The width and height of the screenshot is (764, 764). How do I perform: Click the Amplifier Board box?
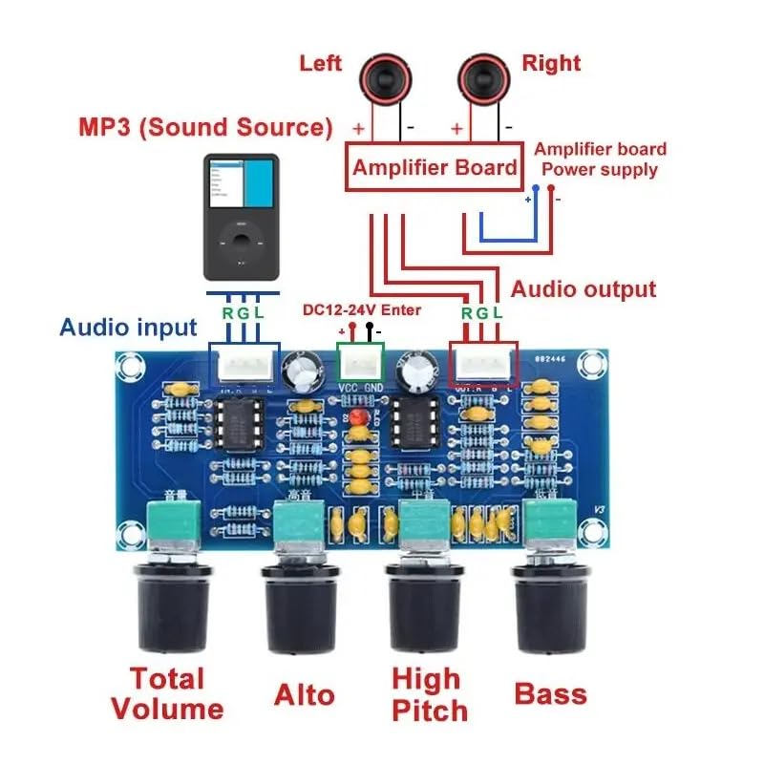[435, 168]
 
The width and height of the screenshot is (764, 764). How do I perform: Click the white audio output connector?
[482, 364]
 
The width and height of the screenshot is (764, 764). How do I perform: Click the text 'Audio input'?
[128, 328]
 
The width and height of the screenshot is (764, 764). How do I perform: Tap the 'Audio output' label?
[584, 289]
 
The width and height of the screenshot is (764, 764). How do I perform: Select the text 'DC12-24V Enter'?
[361, 310]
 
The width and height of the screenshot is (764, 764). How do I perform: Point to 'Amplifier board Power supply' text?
[600, 159]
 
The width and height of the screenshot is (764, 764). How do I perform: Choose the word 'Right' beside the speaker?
[551, 64]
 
